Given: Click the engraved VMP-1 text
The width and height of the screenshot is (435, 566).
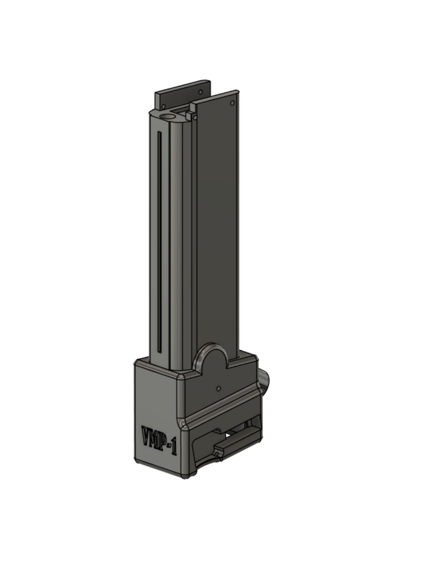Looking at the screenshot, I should (159, 440).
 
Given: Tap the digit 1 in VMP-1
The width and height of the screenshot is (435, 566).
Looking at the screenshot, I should (174, 447).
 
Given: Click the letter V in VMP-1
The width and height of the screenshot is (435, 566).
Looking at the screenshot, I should (147, 434).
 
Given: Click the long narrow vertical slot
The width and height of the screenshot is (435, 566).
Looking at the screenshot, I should (160, 239).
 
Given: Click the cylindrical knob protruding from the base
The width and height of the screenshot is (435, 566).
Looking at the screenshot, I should (265, 378).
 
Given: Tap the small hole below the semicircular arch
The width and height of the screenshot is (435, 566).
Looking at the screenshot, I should (219, 387).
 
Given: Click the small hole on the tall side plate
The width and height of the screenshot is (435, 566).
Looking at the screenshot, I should (233, 103).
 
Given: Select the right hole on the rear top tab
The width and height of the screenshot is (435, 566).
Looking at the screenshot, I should (200, 92).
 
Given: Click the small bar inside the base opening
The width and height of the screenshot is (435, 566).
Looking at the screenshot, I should (227, 447).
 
